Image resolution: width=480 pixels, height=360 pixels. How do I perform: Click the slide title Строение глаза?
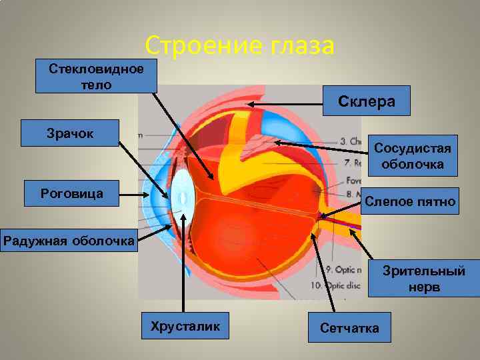pyautogui.click(x=239, y=46)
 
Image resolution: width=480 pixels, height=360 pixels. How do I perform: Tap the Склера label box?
pyautogui.click(x=366, y=101)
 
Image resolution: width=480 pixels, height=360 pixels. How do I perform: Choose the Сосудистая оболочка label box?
pyautogui.click(x=413, y=155)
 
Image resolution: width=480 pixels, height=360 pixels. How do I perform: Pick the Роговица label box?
pyautogui.click(x=71, y=193)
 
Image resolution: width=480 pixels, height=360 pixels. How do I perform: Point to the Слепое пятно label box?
pyautogui.click(x=410, y=201)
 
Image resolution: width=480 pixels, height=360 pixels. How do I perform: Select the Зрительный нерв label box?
pyautogui.click(x=423, y=279)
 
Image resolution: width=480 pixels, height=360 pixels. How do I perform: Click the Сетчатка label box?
pyautogui.click(x=349, y=327)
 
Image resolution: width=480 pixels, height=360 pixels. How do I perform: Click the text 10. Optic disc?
pyautogui.click(x=343, y=285)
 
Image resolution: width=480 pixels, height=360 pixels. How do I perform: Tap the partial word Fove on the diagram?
pyautogui.click(x=353, y=180)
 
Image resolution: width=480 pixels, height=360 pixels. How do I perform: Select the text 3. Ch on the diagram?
pyautogui.click(x=351, y=141)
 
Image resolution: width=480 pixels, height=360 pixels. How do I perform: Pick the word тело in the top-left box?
pyautogui.click(x=95, y=85)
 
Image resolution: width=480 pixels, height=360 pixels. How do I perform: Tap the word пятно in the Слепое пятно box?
pyautogui.click(x=435, y=201)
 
